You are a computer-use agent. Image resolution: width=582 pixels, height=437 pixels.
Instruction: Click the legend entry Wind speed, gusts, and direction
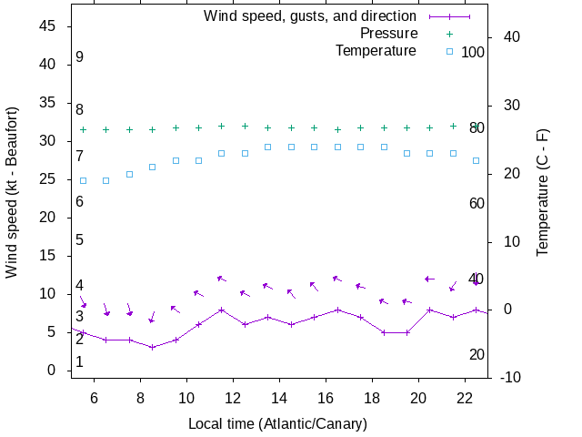[309, 16]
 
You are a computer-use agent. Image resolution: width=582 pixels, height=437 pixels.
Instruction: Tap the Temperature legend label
[376, 51]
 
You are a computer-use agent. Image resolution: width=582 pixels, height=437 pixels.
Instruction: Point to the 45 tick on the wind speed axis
[50, 26]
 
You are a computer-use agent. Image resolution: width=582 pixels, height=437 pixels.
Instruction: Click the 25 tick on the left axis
[50, 179]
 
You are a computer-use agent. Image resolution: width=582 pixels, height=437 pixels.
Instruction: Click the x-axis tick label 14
[279, 398]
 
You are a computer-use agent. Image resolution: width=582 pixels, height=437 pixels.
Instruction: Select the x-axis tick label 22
[465, 398]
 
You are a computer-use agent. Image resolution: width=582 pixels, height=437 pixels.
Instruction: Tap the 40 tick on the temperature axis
[510, 37]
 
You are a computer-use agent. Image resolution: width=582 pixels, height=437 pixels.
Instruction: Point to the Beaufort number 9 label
[80, 57]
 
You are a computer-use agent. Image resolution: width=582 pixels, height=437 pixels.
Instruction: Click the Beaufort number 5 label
[80, 240]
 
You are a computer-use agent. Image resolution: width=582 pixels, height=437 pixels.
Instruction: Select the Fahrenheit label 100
[473, 52]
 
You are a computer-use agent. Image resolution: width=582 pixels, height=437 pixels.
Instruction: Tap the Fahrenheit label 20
[477, 354]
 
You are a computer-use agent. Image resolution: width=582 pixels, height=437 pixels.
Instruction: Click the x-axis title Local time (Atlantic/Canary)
[278, 424]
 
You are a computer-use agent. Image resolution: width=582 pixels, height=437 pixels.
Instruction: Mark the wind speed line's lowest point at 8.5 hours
[153, 347]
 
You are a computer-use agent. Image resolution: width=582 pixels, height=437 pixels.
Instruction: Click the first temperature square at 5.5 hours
[83, 180]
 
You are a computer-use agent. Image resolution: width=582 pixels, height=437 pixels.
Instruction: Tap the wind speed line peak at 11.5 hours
[222, 310]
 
